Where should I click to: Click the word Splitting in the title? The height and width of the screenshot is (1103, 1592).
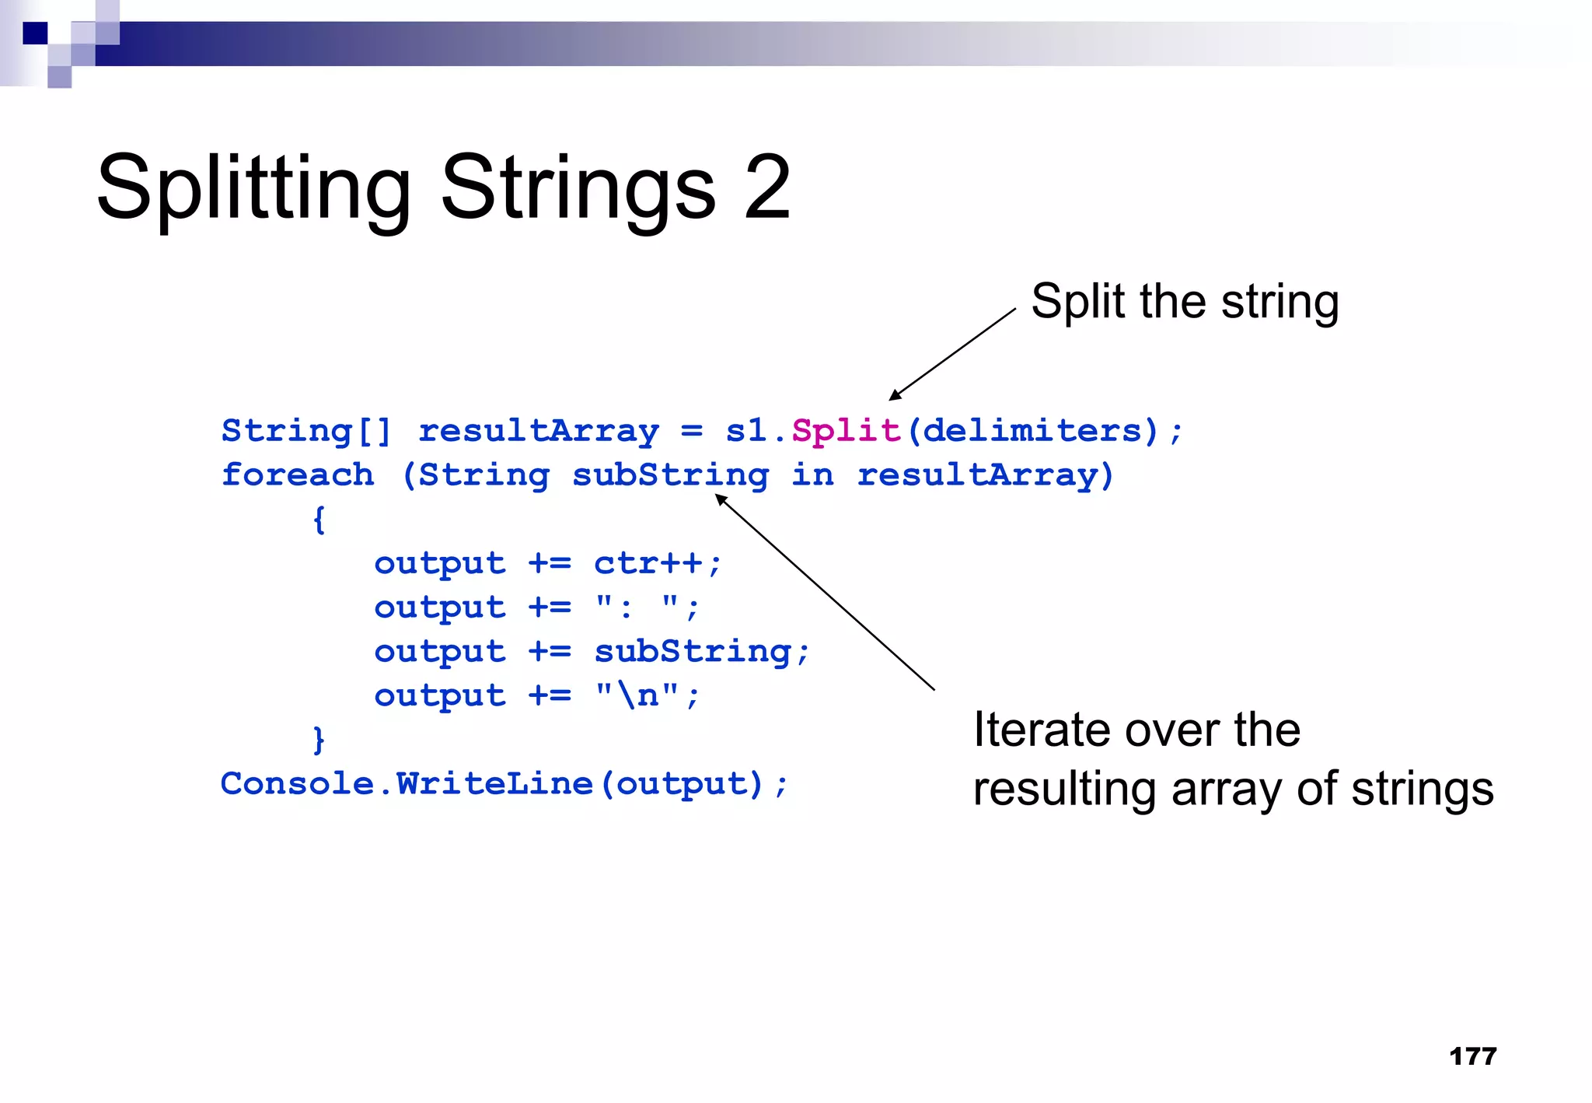[x=253, y=189]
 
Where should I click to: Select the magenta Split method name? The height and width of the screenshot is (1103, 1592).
[x=846, y=430]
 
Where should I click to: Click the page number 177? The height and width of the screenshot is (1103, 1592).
[x=1472, y=1056]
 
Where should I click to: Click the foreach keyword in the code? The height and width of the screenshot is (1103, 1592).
[x=298, y=474]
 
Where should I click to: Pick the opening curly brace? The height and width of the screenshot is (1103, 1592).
[x=319, y=519]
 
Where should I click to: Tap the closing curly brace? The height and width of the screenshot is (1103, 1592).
[x=319, y=739]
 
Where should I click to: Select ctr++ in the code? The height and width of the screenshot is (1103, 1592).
[x=648, y=562]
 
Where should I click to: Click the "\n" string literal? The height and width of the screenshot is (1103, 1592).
[x=637, y=695]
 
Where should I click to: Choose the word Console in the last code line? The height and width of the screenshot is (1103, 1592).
[x=297, y=783]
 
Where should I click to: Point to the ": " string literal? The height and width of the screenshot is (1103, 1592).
[x=637, y=607]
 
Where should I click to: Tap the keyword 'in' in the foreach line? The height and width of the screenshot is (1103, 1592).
[x=812, y=474]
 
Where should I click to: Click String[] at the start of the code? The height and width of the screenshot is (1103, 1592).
[x=306, y=430]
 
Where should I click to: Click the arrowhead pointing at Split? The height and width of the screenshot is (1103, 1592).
[x=895, y=395]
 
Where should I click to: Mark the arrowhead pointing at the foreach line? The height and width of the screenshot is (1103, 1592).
[x=721, y=499]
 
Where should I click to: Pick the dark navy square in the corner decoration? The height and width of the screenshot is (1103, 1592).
[x=35, y=33]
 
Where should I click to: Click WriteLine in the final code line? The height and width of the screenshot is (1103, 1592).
[x=494, y=783]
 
